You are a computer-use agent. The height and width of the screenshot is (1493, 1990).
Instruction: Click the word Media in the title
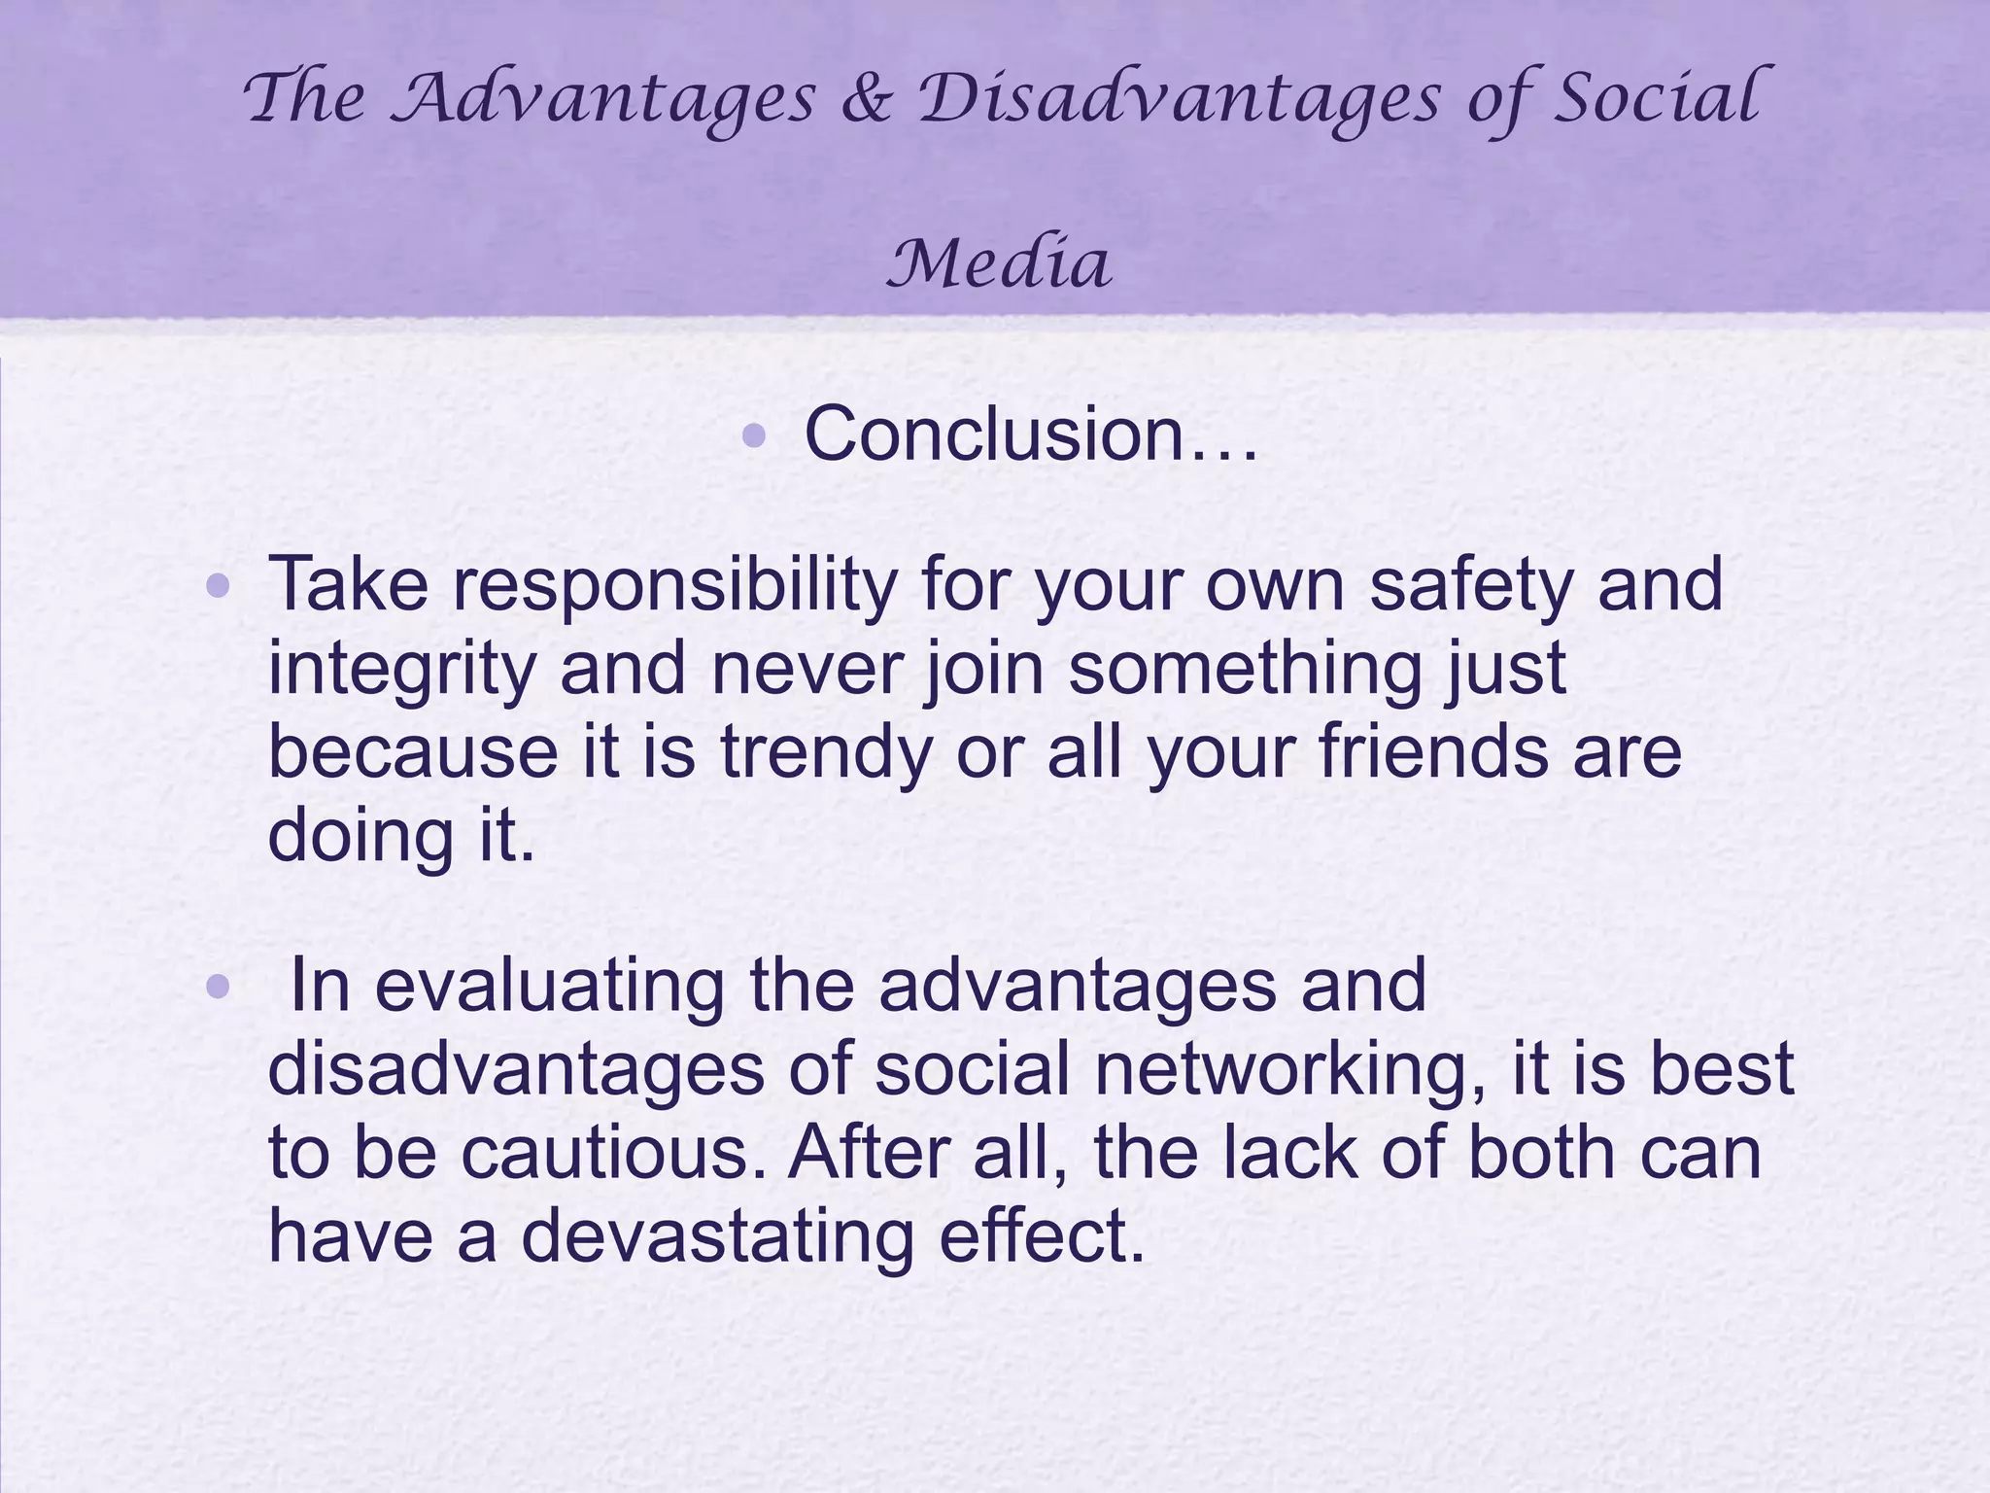coord(999,264)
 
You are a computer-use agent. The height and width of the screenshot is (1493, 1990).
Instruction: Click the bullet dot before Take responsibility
coord(218,586)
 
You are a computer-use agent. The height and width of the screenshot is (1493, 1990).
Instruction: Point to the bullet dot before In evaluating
coord(218,988)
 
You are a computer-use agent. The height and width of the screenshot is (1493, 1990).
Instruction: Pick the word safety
coord(1472,583)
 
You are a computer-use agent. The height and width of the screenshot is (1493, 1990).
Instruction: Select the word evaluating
coord(550,986)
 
